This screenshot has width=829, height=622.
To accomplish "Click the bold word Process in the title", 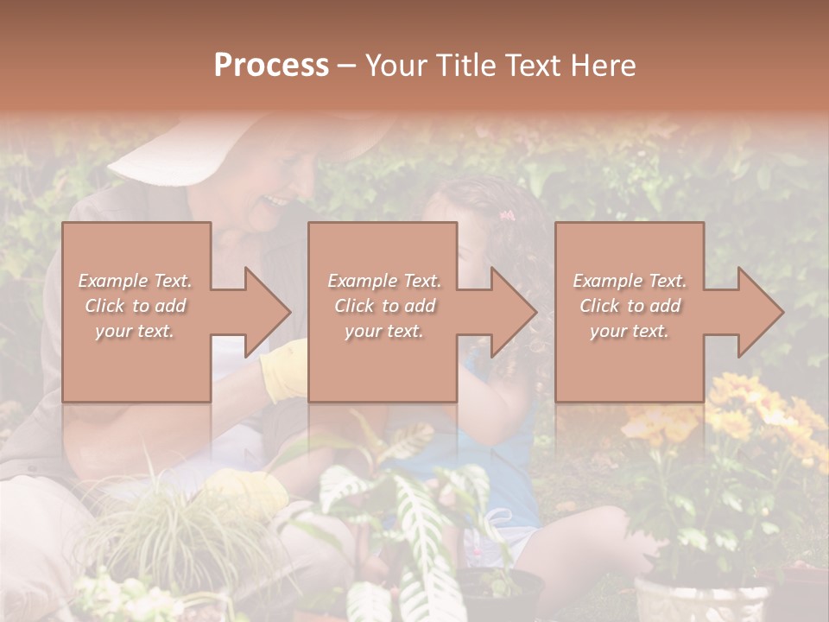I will click(271, 66).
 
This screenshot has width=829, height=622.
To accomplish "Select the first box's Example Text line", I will click(136, 281).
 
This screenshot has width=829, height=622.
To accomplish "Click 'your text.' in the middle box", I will click(383, 331).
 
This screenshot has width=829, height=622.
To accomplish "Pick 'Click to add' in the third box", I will click(630, 306).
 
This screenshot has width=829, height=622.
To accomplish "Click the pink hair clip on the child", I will click(506, 214).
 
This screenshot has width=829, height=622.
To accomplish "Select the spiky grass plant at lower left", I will click(173, 527).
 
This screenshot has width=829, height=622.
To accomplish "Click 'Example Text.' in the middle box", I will click(383, 281).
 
